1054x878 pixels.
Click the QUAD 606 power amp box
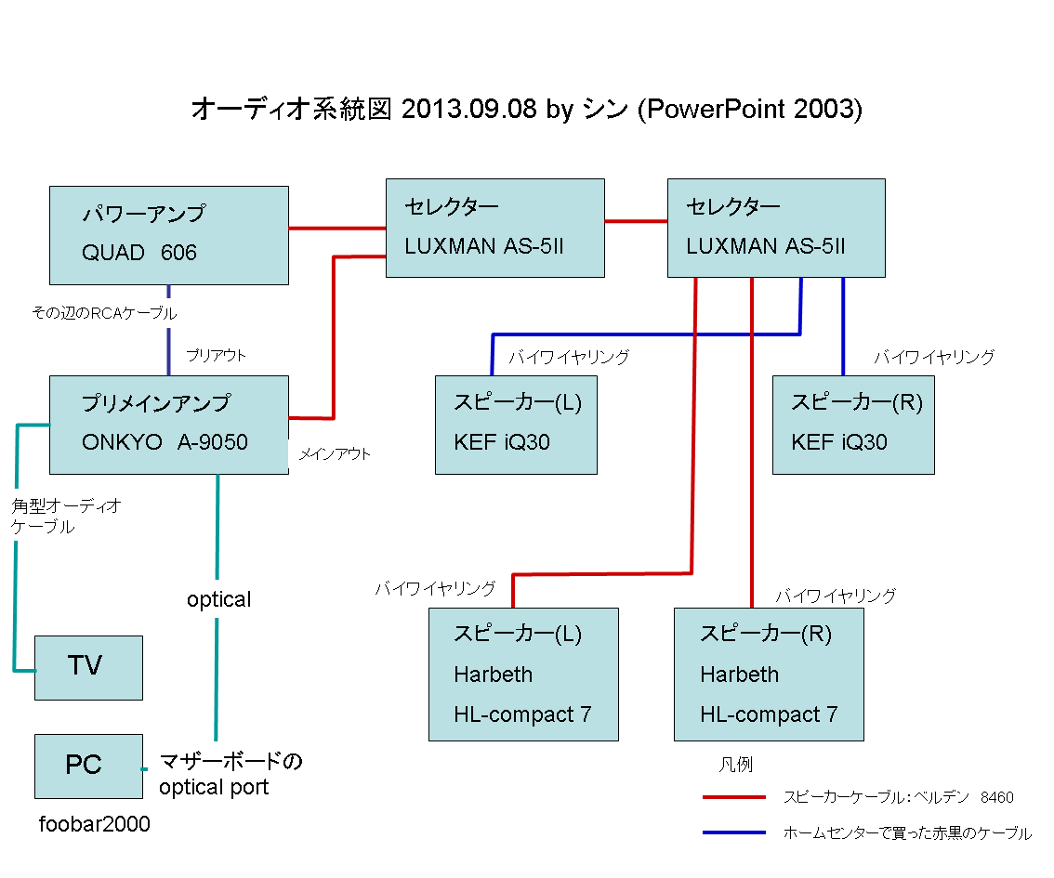point(168,235)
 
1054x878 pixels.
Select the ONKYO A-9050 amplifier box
point(168,425)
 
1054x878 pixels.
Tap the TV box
point(88,667)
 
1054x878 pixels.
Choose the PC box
point(88,767)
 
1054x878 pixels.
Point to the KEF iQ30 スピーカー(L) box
point(516,425)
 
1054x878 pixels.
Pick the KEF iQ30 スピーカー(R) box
point(853,425)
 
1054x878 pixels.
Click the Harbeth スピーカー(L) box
point(523,674)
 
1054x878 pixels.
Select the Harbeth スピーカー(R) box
point(769,674)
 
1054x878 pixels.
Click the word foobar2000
point(94,824)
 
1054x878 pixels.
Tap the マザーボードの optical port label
point(230,775)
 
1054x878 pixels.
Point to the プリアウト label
point(216,356)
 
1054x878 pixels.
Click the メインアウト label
point(335,454)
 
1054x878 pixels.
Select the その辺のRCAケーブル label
point(104,313)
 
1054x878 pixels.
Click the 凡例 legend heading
point(735,765)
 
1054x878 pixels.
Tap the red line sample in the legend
point(733,797)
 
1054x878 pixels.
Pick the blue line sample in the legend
point(733,832)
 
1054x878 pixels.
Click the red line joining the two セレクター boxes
point(636,221)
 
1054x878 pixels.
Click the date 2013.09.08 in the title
point(469,109)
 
